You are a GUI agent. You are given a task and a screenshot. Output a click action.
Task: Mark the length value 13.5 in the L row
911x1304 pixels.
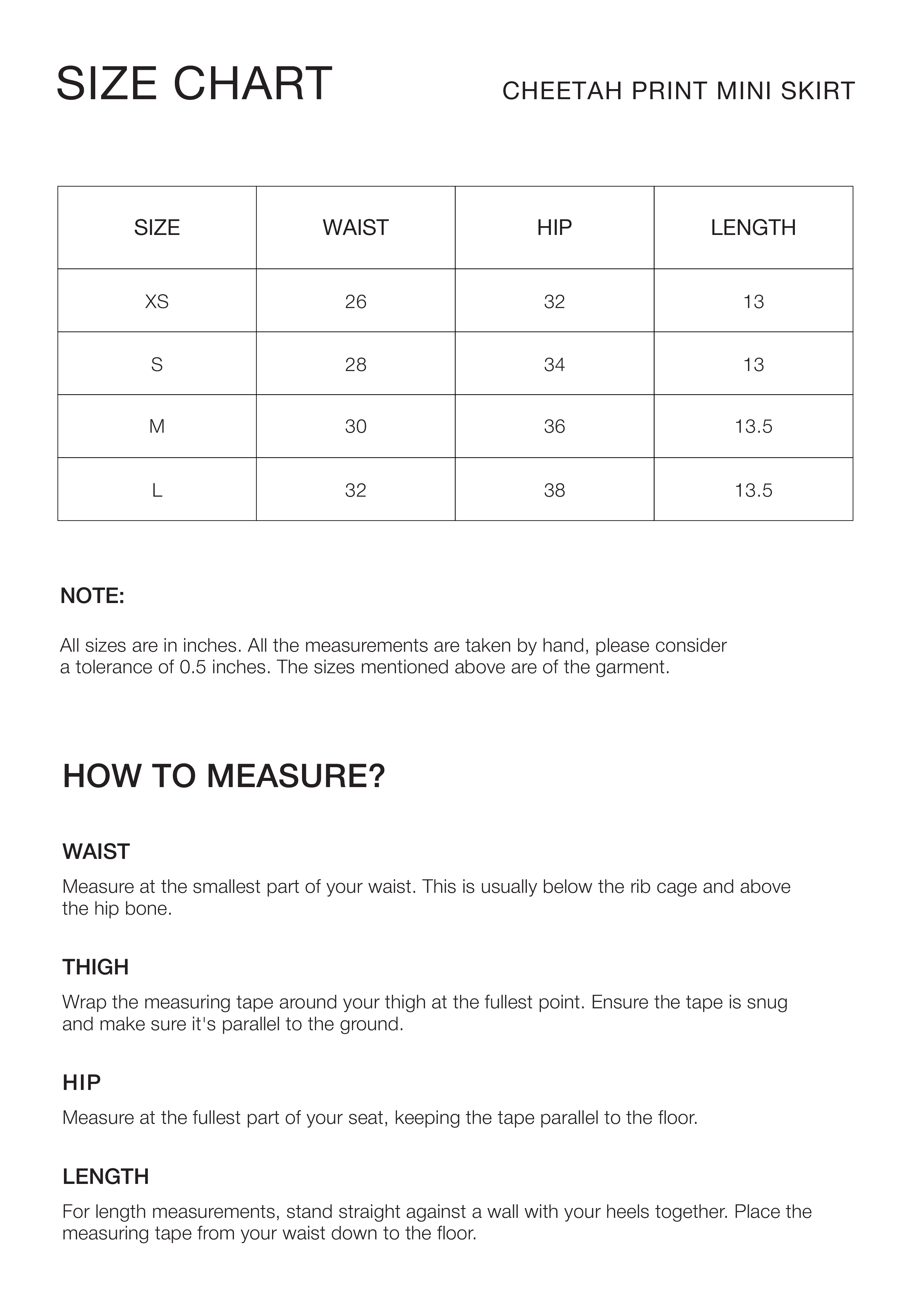753,490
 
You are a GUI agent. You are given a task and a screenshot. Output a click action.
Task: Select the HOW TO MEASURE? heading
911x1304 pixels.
224,776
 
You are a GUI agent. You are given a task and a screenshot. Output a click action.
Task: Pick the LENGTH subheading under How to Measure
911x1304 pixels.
106,1177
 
